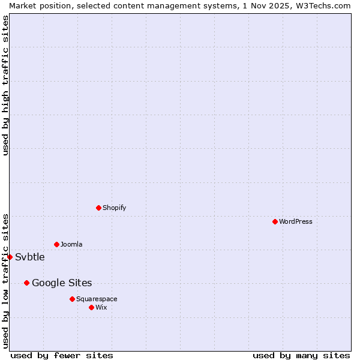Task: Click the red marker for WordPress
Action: point(275,221)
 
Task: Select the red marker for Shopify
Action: point(98,208)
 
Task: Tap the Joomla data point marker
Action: point(56,244)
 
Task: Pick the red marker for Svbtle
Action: point(10,257)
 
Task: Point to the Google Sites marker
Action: point(26,283)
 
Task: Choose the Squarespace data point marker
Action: point(72,299)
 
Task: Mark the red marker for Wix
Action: point(91,307)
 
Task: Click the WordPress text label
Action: point(296,221)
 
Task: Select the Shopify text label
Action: point(115,208)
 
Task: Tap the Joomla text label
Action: point(71,244)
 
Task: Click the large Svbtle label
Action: point(30,257)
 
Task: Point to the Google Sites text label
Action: point(62,283)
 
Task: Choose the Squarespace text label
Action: point(97,299)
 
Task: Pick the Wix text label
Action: point(101,307)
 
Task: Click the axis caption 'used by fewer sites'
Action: point(62,355)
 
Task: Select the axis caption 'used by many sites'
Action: point(301,355)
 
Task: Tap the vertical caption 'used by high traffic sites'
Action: point(5,85)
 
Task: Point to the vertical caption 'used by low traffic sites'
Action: point(5,281)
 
